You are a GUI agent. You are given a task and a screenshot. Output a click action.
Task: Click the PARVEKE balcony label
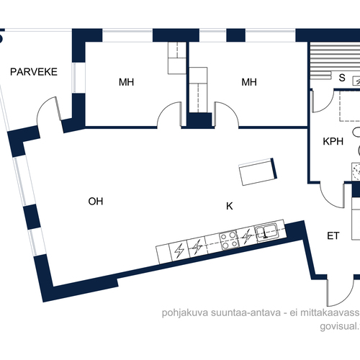coord(34,72)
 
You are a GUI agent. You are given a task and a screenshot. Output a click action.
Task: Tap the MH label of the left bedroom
coord(126,82)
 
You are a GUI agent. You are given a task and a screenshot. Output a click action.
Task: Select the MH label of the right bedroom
coord(249,82)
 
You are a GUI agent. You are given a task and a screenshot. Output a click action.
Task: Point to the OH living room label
coord(96,202)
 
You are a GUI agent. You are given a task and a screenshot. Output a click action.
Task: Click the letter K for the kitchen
coord(230,206)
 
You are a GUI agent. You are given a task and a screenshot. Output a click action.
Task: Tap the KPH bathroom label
coord(333,141)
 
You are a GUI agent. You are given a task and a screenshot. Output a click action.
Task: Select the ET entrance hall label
coord(333,236)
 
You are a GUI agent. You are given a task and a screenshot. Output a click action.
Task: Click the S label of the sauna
coord(342,78)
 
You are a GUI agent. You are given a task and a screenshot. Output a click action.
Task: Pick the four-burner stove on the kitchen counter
coord(230,240)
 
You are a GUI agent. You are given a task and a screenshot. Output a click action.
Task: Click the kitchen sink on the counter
coord(266,231)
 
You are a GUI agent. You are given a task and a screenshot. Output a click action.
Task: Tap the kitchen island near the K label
coord(258,171)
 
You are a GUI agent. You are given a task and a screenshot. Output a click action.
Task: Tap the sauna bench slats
coord(334,61)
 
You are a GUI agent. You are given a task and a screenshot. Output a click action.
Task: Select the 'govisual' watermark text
coord(338,326)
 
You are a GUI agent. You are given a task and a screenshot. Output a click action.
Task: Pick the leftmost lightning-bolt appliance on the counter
coord(179,251)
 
